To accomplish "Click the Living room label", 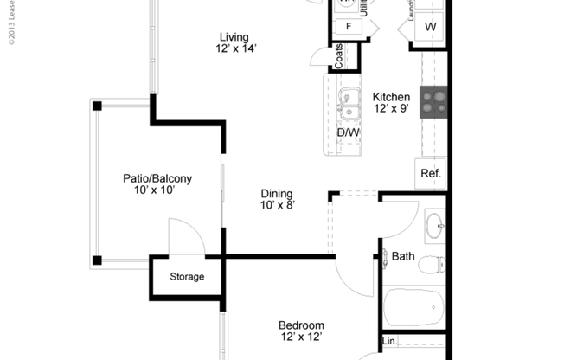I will [x=234, y=37].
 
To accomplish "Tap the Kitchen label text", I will [x=391, y=97].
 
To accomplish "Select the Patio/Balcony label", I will [x=157, y=179].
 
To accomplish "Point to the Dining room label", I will [x=277, y=194].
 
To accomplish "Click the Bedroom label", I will [x=302, y=325].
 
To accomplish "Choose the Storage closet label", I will [x=187, y=277].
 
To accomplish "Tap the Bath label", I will [x=403, y=256].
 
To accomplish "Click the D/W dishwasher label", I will [x=348, y=132].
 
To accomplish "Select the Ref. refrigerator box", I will [x=431, y=173].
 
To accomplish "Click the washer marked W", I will [x=430, y=27].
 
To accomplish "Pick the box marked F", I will [x=349, y=26].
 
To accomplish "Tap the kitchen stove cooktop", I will [x=433, y=102].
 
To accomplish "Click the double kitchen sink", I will [x=349, y=103].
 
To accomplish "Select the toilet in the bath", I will [x=431, y=264].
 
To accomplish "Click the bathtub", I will [x=413, y=306].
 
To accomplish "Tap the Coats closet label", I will [x=339, y=57].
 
